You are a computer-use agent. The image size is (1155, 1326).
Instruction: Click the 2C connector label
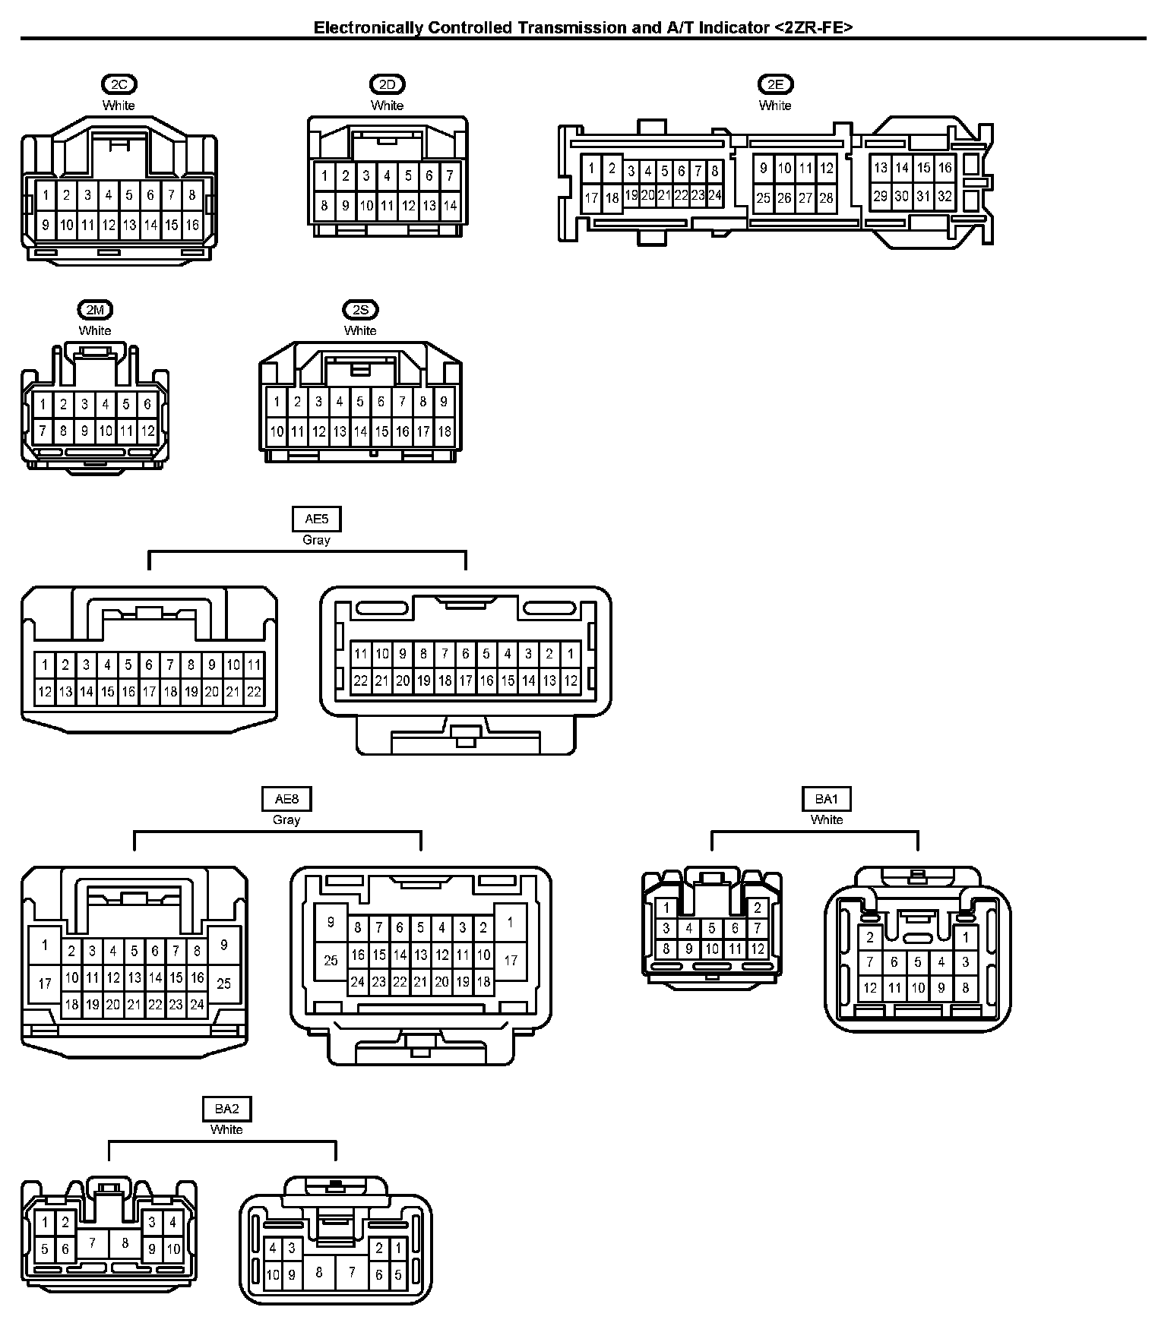(119, 84)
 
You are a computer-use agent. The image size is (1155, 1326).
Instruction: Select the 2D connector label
(387, 84)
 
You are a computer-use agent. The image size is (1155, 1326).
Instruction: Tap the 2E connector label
(775, 84)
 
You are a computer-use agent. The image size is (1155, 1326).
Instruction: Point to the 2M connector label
(95, 310)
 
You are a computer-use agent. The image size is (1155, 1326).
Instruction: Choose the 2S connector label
(360, 310)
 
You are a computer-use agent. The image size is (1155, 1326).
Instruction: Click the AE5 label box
(316, 519)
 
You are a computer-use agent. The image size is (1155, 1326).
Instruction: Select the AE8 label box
(286, 799)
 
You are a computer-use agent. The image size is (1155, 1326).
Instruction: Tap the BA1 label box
(826, 799)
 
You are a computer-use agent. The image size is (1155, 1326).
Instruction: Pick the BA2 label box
(226, 1109)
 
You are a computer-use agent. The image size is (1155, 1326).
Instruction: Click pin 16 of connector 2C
(192, 225)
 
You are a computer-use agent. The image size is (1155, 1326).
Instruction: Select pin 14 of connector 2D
(450, 205)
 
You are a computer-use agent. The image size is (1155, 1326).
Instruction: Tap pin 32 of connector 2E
(945, 196)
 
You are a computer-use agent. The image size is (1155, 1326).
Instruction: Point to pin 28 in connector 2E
(826, 198)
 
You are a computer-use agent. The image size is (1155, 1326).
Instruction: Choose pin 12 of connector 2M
(147, 431)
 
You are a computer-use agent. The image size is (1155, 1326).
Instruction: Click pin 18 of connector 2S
(444, 431)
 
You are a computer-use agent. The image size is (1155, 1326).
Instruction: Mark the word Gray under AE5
(316, 540)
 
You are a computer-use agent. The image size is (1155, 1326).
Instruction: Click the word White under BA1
(826, 819)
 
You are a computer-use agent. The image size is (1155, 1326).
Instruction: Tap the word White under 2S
(360, 330)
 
